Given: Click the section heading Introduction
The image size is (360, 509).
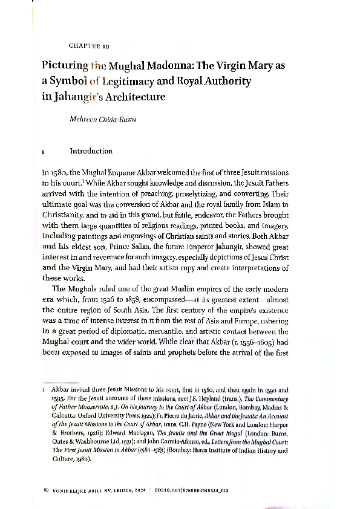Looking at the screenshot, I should point(91,151).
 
